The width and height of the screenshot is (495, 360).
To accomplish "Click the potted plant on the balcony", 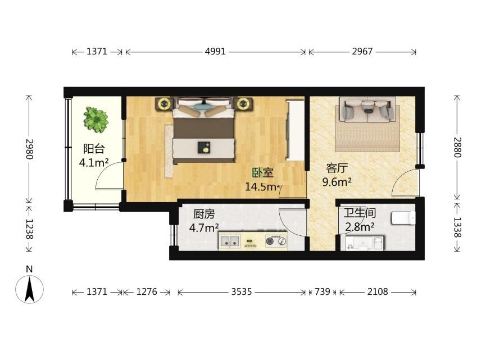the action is click(x=96, y=120).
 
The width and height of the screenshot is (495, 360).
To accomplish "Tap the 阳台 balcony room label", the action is click(x=94, y=149).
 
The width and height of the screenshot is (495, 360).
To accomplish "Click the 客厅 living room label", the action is click(x=337, y=168).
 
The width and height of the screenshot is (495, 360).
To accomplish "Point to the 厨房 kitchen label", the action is click(x=204, y=214).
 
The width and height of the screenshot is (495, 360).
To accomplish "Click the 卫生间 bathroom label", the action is click(x=360, y=213).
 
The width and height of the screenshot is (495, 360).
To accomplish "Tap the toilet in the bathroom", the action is click(x=403, y=218).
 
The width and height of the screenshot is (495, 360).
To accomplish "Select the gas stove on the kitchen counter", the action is click(x=276, y=241).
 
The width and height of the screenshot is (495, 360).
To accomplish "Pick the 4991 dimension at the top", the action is click(x=215, y=51).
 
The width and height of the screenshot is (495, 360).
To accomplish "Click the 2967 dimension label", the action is click(x=362, y=51).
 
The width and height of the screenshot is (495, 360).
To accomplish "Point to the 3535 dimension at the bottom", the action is click(x=242, y=291).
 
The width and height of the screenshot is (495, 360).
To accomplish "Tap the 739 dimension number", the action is click(x=323, y=291).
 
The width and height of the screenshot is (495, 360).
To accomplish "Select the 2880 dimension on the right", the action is click(x=457, y=147).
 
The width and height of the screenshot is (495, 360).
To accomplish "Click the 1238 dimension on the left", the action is click(x=29, y=229).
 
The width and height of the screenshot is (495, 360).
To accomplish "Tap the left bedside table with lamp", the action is click(x=164, y=103).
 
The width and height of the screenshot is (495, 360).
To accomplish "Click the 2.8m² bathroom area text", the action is click(x=360, y=227).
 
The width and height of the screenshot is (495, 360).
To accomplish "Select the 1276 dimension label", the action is click(x=147, y=291).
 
